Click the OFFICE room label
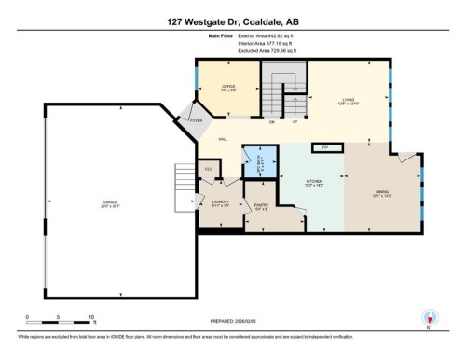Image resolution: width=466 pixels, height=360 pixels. click(227, 87)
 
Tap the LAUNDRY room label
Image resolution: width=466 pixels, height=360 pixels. click(220, 202)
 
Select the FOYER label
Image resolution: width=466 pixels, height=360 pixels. click(197, 120)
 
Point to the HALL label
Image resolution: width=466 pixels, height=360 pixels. click(223, 139)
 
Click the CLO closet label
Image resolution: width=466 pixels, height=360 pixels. click(209, 169)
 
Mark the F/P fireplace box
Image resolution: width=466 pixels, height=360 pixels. click(325, 147)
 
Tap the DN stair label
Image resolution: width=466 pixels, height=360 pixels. click(272, 121)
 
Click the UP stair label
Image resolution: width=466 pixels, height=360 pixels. click(295, 121)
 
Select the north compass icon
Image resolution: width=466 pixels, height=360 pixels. click(429, 318)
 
